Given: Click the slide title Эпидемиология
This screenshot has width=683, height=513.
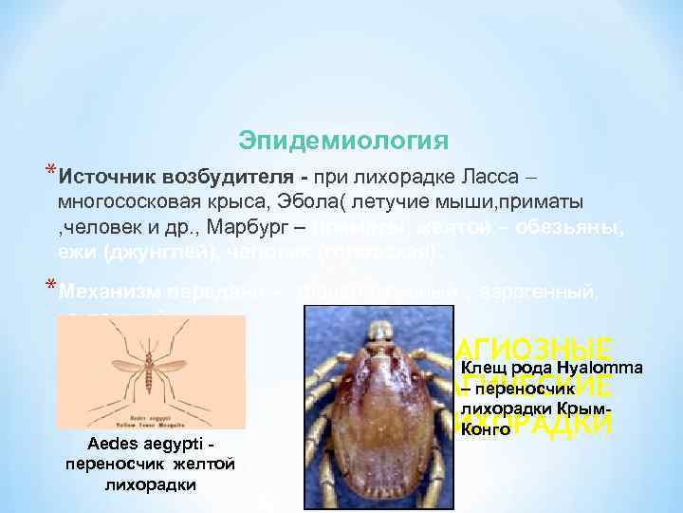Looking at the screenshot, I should click(x=342, y=142).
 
